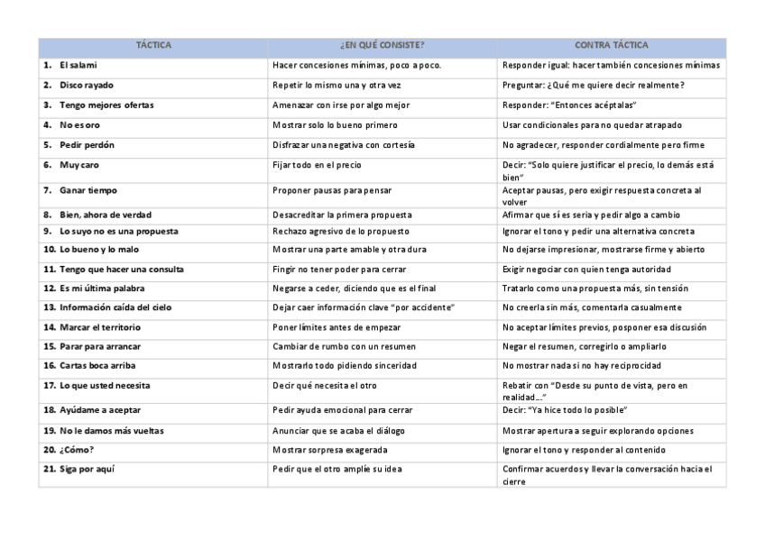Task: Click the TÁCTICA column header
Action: (x=153, y=45)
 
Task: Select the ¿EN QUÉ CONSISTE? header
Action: (x=382, y=45)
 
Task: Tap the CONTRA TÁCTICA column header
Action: (x=611, y=45)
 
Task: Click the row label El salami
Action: (x=78, y=65)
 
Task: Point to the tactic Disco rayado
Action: (x=87, y=85)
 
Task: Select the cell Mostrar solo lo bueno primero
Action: (x=335, y=124)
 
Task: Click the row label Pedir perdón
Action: (x=87, y=144)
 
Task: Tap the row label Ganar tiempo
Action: (x=88, y=190)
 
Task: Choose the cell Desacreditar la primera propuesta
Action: (x=342, y=215)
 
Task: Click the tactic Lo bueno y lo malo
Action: (x=99, y=249)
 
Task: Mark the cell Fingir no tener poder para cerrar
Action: (x=339, y=269)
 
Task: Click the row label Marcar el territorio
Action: (x=100, y=326)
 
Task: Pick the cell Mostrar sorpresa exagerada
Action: (x=329, y=449)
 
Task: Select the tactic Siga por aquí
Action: (x=88, y=469)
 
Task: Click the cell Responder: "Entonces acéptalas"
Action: (x=569, y=105)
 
